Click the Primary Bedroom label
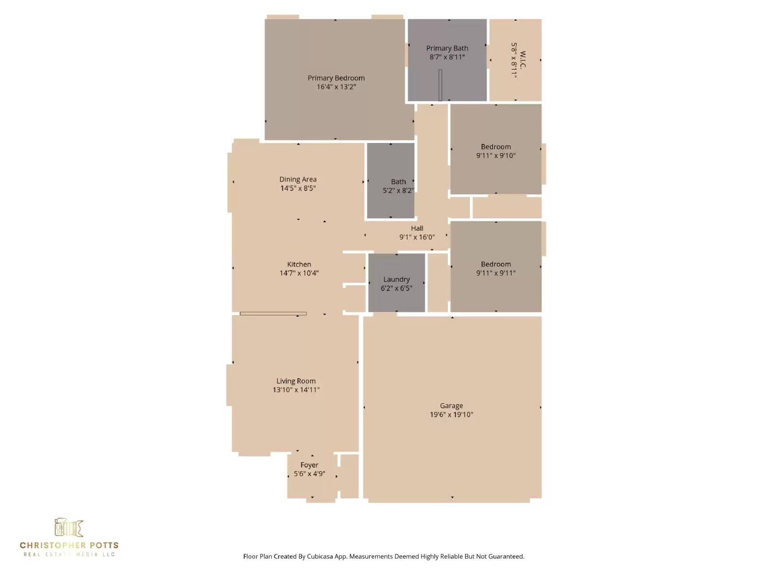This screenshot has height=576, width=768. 336,78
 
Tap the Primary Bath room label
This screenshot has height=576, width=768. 447,48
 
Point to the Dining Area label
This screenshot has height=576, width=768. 298,180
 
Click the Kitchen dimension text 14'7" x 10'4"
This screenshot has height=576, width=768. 299,273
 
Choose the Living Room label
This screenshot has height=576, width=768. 296,381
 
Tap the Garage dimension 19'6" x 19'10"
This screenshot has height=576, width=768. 451,414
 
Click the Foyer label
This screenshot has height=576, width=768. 309,465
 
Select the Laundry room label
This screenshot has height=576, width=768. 396,279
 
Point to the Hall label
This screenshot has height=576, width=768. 417,228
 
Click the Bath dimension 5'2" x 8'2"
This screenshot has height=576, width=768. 398,191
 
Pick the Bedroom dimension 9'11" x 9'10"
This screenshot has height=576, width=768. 496,156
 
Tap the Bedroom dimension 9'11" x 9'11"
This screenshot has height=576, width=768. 496,273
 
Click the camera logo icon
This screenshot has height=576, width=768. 69,527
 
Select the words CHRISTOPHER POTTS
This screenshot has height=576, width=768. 69,545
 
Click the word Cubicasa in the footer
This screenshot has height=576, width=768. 320,556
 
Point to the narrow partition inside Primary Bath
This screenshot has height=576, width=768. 440,85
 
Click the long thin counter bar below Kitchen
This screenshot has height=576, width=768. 273,314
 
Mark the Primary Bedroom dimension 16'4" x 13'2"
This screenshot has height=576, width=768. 336,87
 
